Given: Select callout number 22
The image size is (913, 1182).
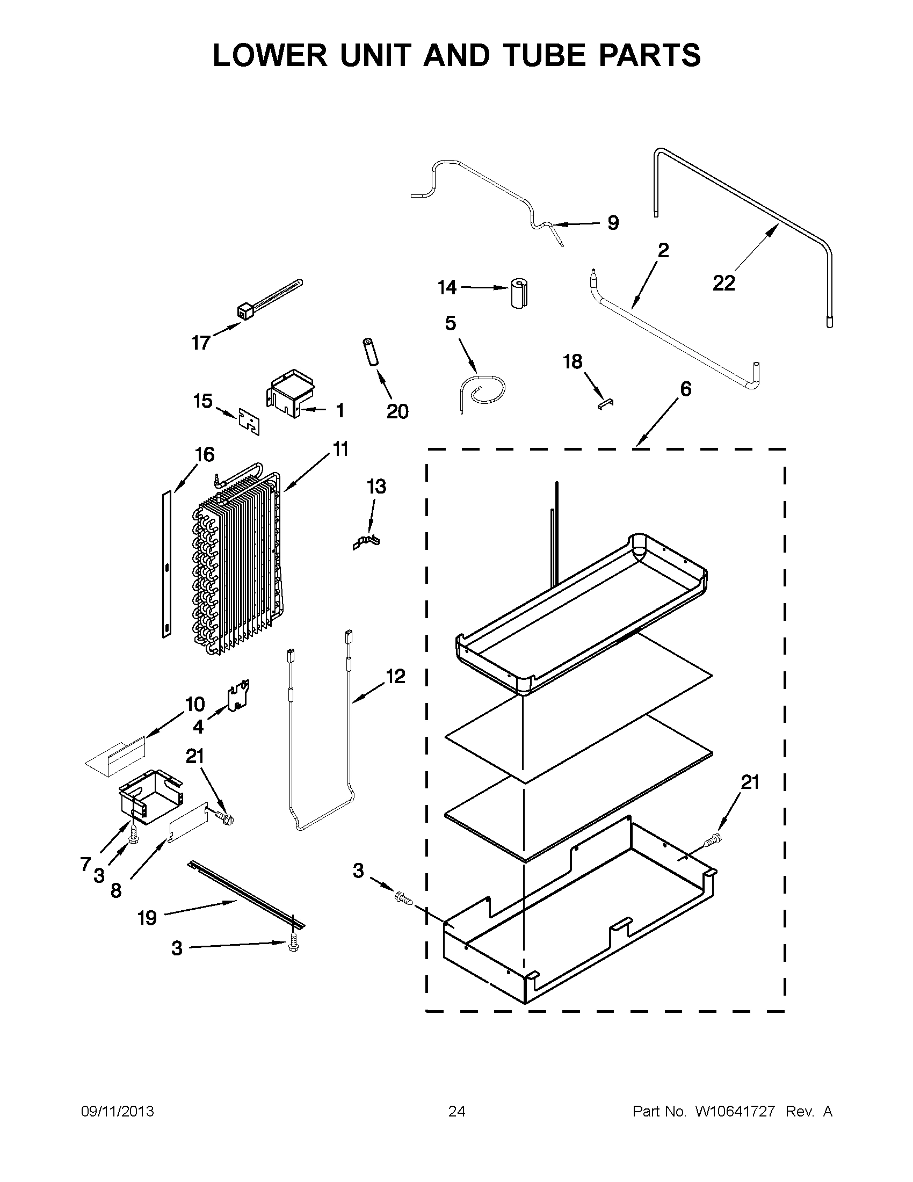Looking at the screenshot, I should coord(723,283).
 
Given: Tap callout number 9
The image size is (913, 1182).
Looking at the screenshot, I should coord(613,222).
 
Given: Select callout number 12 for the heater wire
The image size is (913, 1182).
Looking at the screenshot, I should coord(395,676).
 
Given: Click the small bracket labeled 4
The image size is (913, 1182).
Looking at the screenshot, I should coord(238,698).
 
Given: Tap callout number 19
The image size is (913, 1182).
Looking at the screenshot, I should coord(147,917).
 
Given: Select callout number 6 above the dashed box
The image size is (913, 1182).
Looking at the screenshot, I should coord(685,389).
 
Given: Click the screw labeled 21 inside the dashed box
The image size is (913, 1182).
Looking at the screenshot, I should coord(713,841).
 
